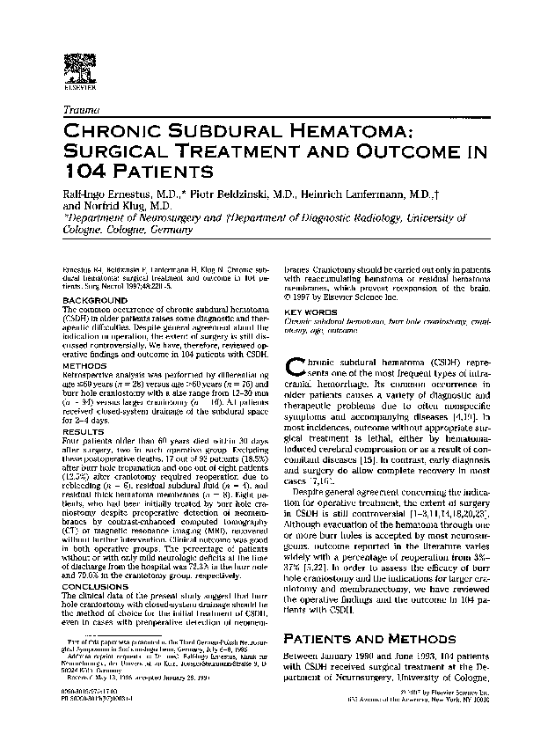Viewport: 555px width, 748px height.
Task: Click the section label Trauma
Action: [x=82, y=109]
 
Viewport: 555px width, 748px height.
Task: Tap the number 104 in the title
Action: [x=83, y=170]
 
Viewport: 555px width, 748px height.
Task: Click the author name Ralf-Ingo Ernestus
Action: [x=112, y=192]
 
